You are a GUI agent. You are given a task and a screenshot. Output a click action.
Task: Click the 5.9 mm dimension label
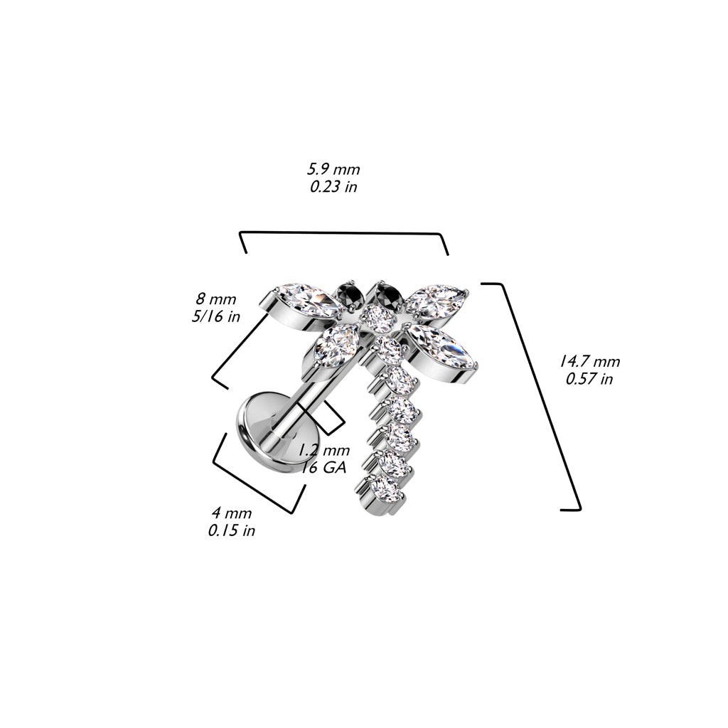(333, 169)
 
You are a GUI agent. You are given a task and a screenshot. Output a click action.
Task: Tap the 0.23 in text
(333, 187)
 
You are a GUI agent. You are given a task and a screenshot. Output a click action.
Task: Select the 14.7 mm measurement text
(589, 361)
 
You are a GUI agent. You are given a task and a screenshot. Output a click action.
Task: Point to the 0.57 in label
(589, 379)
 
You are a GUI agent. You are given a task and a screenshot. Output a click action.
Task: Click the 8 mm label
(216, 299)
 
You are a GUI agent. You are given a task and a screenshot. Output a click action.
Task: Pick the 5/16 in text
(216, 316)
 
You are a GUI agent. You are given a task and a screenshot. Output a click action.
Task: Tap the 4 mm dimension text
(232, 513)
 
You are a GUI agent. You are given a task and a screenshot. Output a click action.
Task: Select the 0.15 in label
(232, 530)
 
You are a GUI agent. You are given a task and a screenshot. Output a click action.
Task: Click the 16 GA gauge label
(324, 468)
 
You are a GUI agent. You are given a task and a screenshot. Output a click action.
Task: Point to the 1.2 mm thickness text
(323, 450)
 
